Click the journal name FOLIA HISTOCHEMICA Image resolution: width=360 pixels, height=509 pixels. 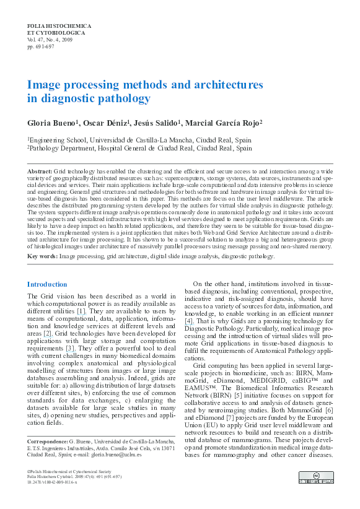tap(59, 27)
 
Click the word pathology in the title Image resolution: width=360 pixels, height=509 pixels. tap(122, 98)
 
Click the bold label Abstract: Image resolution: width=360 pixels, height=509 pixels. tap(40, 170)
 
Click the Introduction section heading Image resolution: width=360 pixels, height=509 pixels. tap(47, 284)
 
